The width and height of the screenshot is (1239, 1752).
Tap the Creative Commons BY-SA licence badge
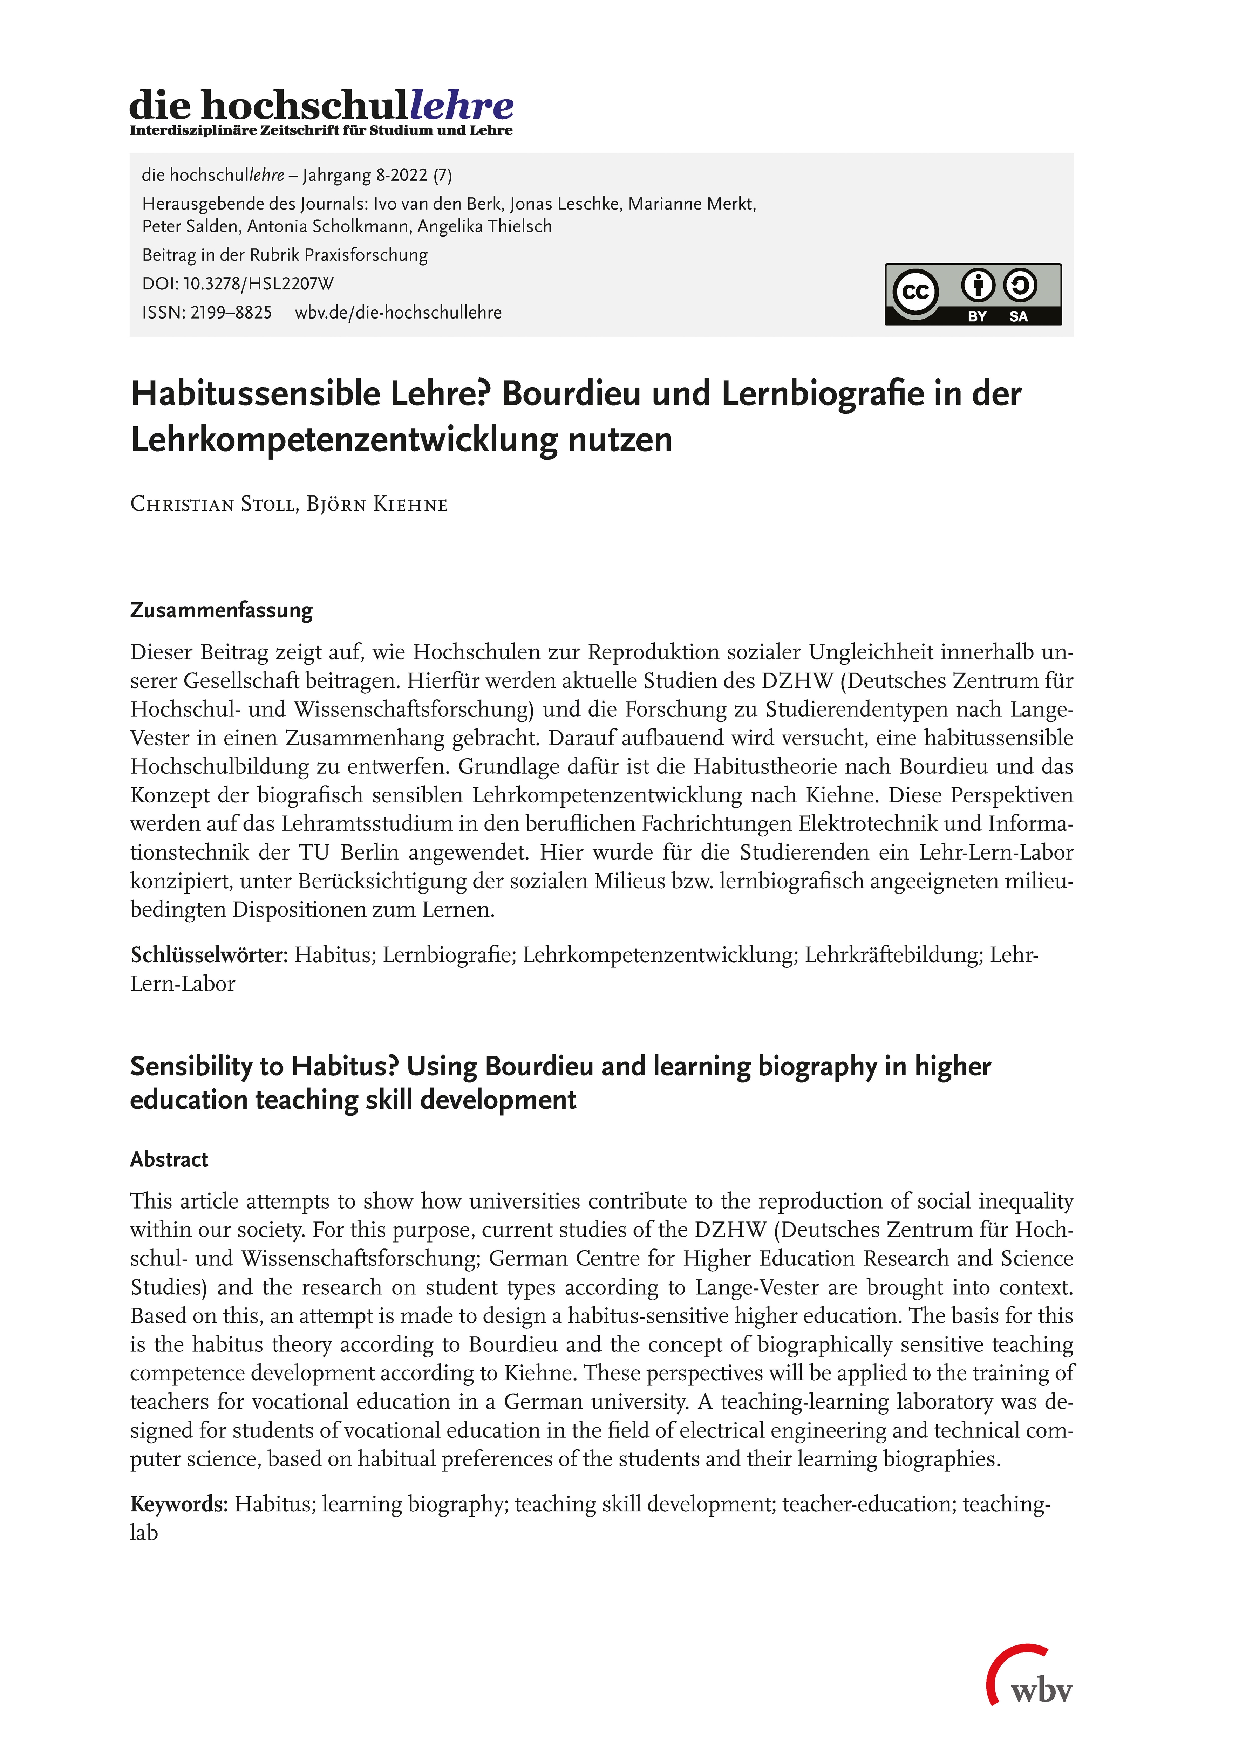[973, 295]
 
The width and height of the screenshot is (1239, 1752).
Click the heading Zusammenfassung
[222, 610]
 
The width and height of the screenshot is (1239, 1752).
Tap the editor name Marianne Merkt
[692, 205]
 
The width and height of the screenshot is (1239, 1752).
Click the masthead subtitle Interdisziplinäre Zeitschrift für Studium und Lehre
[321, 130]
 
